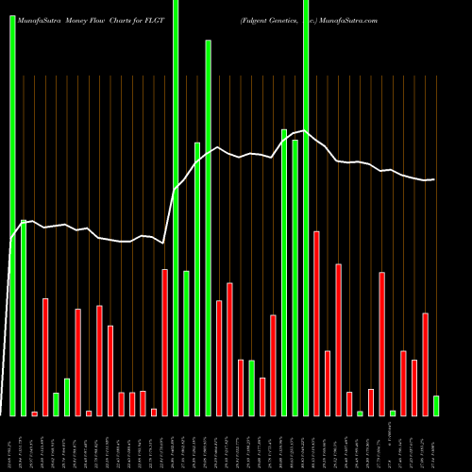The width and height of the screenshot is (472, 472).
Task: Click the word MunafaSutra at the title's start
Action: [x=41, y=19]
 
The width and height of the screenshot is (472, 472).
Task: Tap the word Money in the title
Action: [x=82, y=19]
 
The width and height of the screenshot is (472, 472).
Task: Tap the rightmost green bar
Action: [x=436, y=406]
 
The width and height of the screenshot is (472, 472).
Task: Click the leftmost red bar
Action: [x=35, y=413]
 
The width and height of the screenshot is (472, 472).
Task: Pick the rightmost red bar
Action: [x=426, y=364]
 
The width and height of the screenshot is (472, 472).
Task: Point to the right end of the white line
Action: [x=434, y=179]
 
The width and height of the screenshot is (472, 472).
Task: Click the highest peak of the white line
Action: [x=304, y=130]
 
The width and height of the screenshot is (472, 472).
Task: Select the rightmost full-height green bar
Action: [x=306, y=208]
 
